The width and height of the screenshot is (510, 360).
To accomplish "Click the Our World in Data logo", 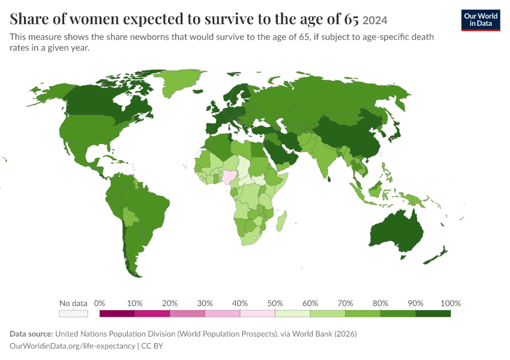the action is click(481, 20).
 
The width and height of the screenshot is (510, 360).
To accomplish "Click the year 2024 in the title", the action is click(374, 20).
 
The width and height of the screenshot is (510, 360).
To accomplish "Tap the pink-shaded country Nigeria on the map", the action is click(230, 176).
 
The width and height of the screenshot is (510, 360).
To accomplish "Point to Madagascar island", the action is click(281, 221).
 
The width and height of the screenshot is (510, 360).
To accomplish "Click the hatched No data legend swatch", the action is click(73, 313).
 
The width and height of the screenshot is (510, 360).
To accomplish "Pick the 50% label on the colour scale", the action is click(275, 304).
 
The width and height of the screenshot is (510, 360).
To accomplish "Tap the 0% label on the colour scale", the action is click(100, 304).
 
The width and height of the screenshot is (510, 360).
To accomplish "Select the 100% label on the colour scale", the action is click(451, 304).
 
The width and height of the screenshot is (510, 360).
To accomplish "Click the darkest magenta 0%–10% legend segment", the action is click(117, 313).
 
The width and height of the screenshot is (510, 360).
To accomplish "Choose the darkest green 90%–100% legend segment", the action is click(433, 313).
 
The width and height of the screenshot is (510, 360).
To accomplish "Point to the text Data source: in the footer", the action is click(31, 334).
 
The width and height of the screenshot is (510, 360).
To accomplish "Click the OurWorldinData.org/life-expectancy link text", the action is click(72, 346).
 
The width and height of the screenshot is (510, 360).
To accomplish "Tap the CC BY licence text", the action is click(152, 346).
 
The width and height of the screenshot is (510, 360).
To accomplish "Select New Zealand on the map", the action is click(436, 256).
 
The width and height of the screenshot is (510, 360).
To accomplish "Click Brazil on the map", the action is click(146, 208).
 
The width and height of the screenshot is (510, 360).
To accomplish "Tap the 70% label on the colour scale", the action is click(345, 304).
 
